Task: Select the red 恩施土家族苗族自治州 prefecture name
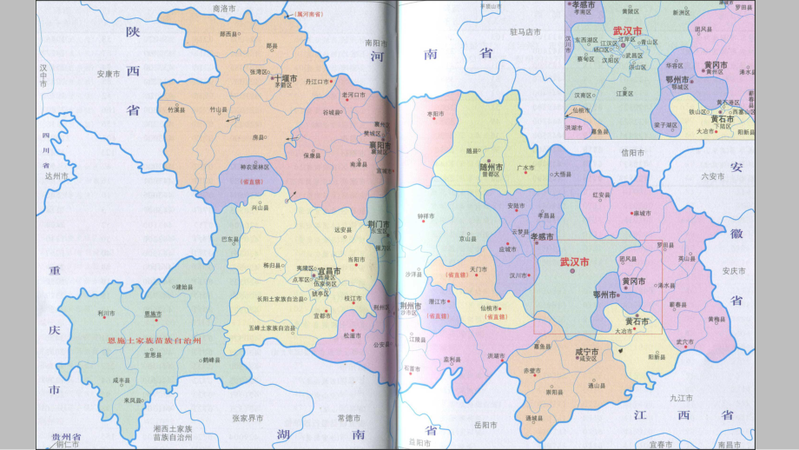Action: click(154, 341)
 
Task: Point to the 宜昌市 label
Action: click(329, 271)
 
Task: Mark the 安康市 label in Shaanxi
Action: click(108, 74)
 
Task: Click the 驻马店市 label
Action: click(525, 31)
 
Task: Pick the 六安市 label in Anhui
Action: click(713, 175)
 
